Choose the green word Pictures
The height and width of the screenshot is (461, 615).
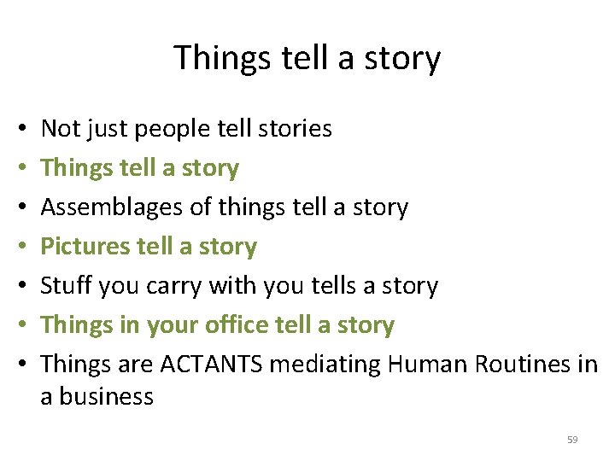click(85, 247)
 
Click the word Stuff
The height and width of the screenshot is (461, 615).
click(67, 286)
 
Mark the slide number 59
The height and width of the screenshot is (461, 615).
click(572, 440)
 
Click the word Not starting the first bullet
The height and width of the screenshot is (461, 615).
click(58, 129)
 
